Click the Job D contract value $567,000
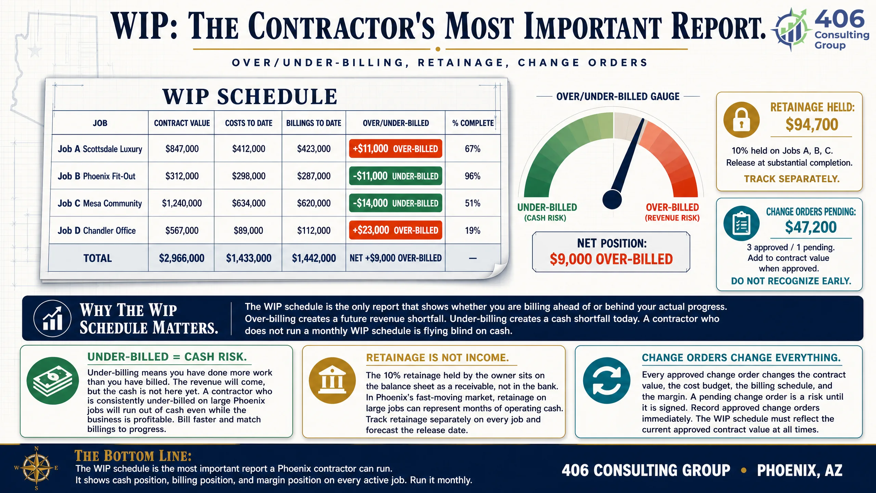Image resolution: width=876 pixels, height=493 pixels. (x=182, y=230)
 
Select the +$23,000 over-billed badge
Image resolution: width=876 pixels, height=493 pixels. (x=396, y=230)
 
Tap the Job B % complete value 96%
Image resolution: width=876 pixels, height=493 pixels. (x=473, y=176)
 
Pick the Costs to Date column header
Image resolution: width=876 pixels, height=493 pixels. (x=249, y=123)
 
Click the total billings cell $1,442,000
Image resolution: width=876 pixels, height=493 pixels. (x=314, y=258)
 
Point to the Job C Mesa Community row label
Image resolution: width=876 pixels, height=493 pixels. (x=100, y=203)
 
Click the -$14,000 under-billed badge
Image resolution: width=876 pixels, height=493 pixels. (x=396, y=203)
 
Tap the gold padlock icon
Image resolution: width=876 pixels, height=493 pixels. (x=742, y=120)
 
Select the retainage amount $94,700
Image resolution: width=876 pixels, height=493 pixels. (x=812, y=124)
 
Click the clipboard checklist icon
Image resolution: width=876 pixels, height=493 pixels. (x=742, y=224)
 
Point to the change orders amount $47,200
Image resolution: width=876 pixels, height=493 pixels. (x=811, y=227)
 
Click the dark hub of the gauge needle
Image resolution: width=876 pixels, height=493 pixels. (x=612, y=199)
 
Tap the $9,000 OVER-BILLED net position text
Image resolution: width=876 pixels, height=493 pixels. (x=611, y=259)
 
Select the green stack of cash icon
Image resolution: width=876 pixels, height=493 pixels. (x=52, y=381)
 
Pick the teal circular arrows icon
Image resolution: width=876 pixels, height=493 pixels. (x=607, y=381)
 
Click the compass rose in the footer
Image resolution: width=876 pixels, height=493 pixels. (x=36, y=468)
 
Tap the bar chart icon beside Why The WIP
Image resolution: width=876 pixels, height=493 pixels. (x=52, y=319)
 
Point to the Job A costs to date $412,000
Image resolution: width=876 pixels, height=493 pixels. (x=249, y=149)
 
